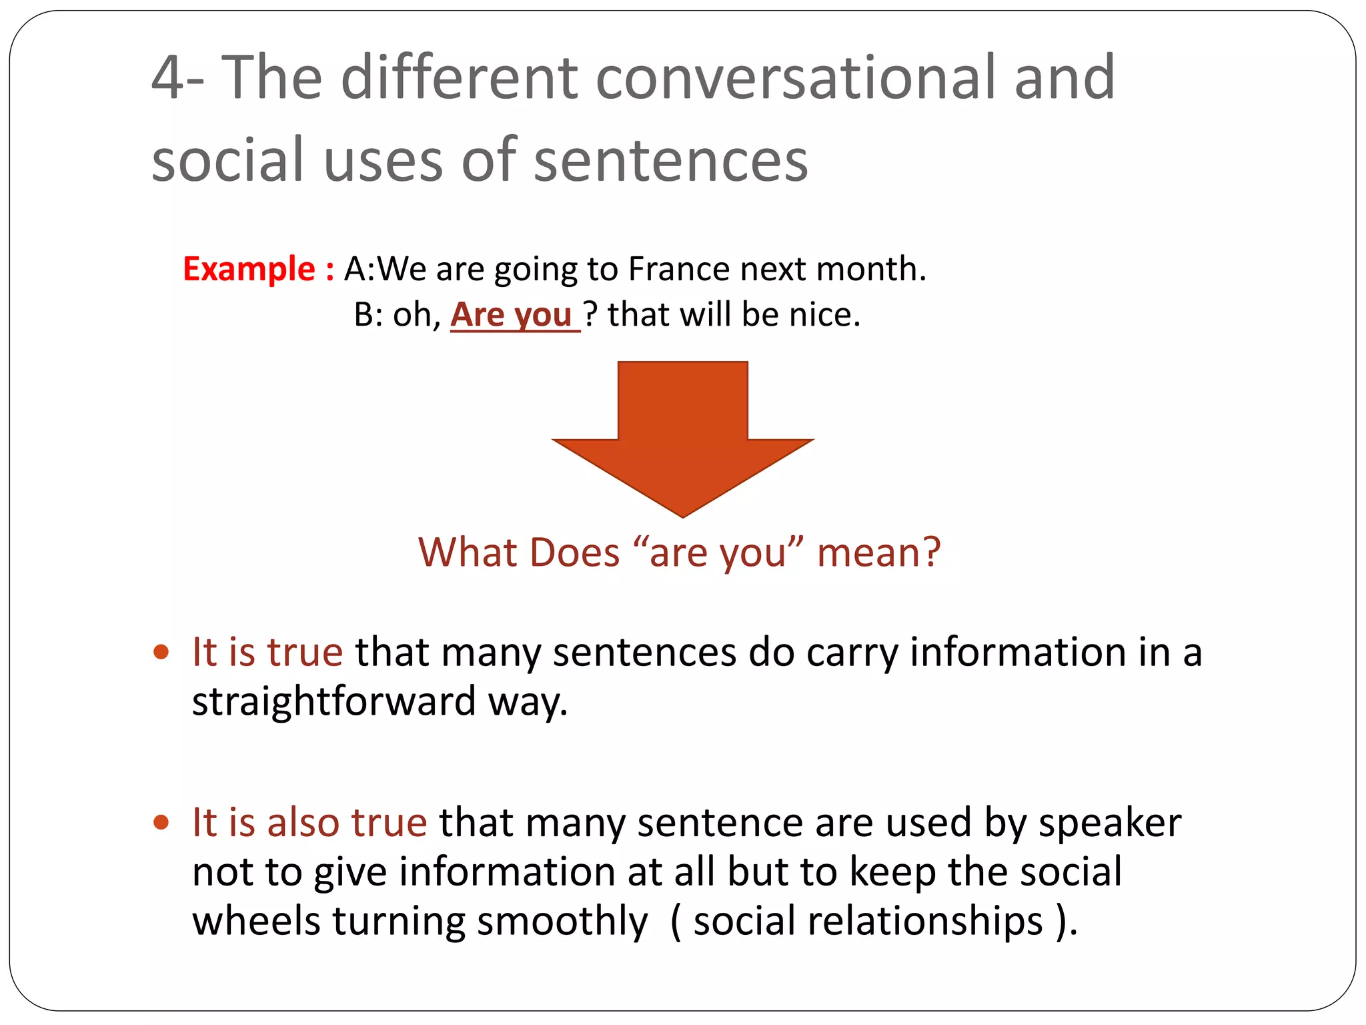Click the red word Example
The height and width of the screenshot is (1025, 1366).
point(248,269)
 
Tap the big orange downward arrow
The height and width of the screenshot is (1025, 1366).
point(682,434)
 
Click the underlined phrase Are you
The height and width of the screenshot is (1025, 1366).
point(512,314)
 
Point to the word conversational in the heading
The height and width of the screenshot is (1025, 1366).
point(798,78)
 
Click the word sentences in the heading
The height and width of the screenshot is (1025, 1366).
point(670,160)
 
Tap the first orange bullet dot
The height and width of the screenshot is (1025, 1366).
point(161,651)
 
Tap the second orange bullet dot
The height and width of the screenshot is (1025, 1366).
point(161,821)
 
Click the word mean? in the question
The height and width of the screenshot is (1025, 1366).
point(878,553)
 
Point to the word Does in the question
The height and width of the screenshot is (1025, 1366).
point(574,553)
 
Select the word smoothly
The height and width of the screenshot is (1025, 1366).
point(562,921)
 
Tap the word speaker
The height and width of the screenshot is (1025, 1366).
point(1109,822)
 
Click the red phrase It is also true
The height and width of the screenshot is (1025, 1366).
point(309,822)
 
